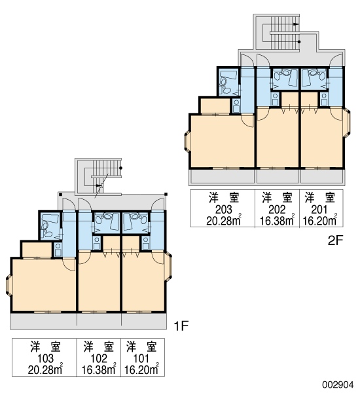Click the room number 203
coord(223,210)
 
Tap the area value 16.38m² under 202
coord(277,220)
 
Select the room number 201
coord(319,210)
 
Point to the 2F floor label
coord(335,240)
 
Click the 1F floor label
coord(181,326)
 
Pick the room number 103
coord(45,358)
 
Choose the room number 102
coord(99,358)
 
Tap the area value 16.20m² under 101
coord(141,369)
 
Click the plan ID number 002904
coord(338,384)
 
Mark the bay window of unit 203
coord(187,142)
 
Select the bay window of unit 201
coord(348,122)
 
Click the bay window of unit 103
coord(9,285)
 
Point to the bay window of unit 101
coord(169,267)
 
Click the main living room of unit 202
coord(278,138)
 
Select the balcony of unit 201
coord(321,176)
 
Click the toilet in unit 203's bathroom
coord(223,82)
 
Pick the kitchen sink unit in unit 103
coord(58,250)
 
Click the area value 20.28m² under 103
coord(45,369)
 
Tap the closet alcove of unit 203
coord(215,105)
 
